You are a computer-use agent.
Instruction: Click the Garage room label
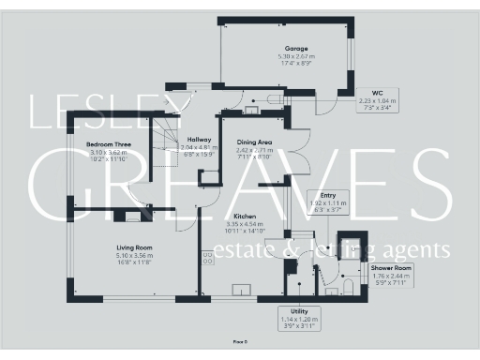point(297,49)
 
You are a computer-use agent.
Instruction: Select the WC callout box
point(378,100)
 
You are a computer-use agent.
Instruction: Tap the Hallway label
point(198,140)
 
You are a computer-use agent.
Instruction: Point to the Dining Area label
point(254,142)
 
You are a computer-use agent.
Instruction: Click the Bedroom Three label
point(106,144)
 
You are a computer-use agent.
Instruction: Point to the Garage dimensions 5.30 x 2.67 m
point(298,57)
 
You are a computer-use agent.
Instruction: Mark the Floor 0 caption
point(239,345)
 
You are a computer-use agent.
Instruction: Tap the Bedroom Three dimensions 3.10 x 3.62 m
point(106,152)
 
